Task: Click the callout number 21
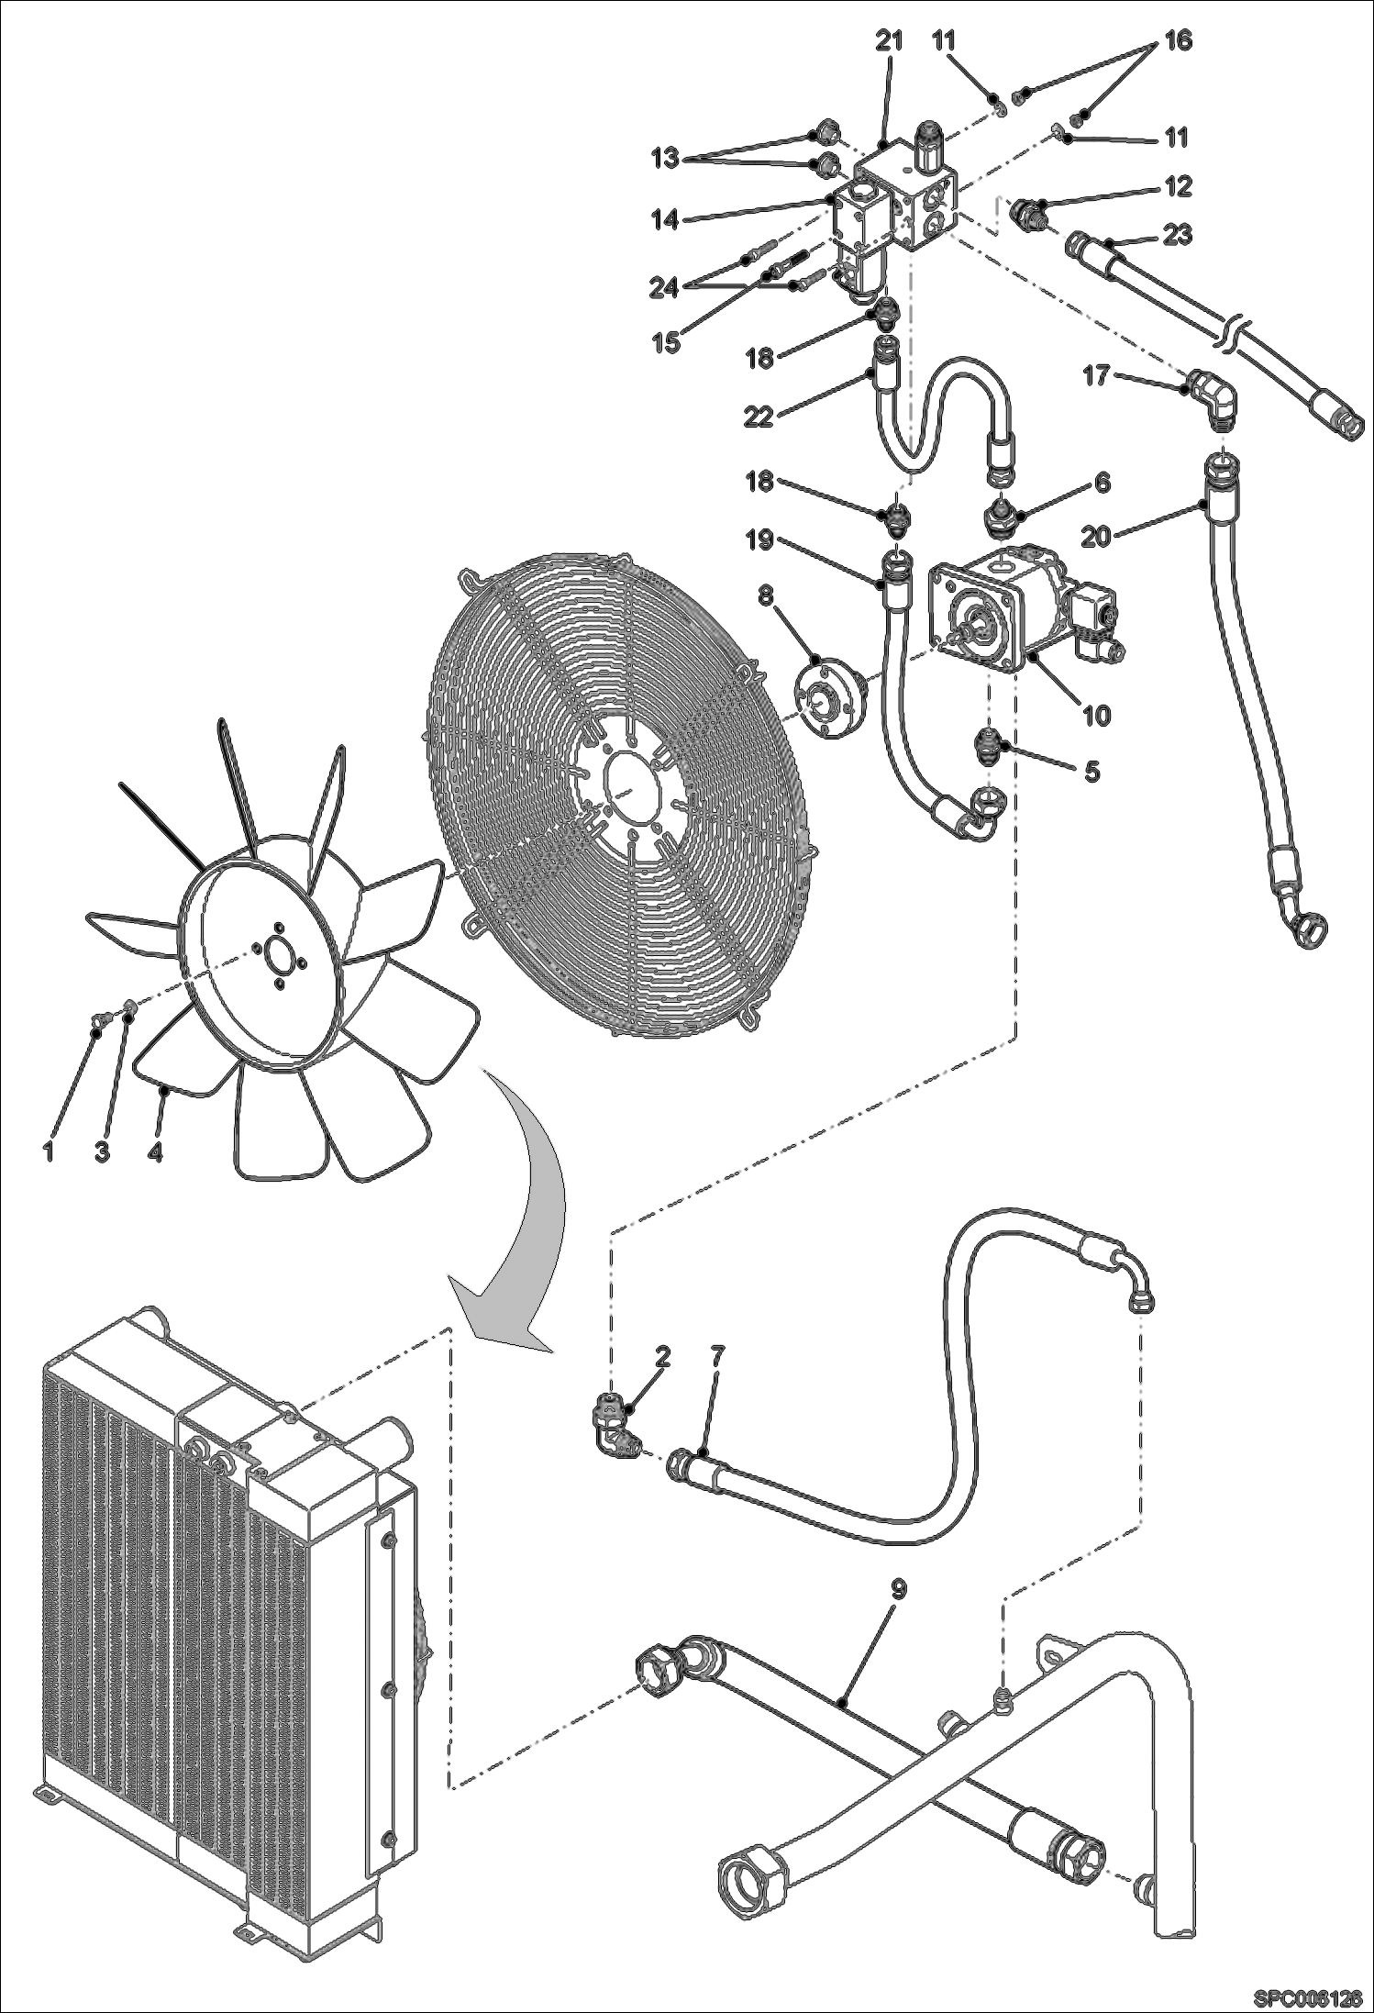(889, 40)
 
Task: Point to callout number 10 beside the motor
(1096, 714)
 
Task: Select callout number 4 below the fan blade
(155, 1151)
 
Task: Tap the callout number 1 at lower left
(50, 1151)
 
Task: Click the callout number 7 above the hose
(717, 1355)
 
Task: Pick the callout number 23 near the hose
(1178, 235)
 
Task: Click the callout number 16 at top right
(1179, 40)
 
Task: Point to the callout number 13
(668, 158)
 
